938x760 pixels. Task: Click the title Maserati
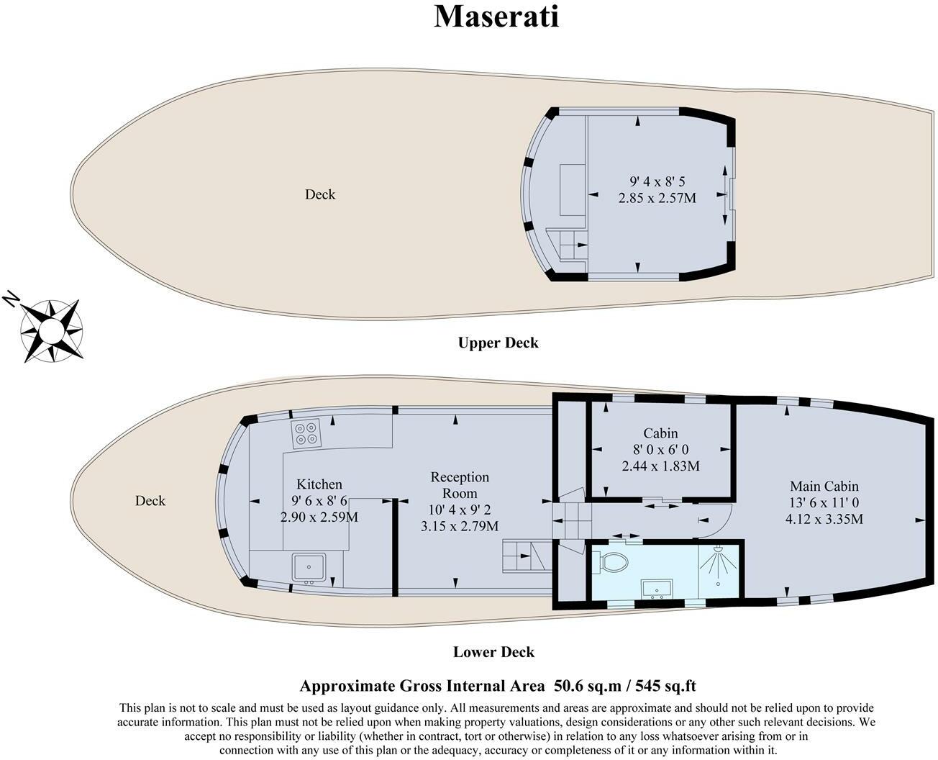pyautogui.click(x=496, y=16)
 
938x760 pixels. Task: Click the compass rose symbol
pyautogui.click(x=51, y=330)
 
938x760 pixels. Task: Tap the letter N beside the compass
pyautogui.click(x=11, y=299)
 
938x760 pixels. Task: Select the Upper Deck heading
pyautogui.click(x=498, y=343)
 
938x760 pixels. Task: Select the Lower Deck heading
pyautogui.click(x=493, y=652)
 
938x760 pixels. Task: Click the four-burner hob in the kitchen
pyautogui.click(x=306, y=434)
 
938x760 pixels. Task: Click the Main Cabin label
pyautogui.click(x=824, y=487)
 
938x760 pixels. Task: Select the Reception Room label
pyautogui.click(x=460, y=485)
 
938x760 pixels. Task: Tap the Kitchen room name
pyautogui.click(x=319, y=484)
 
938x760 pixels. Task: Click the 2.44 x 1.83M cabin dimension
pyautogui.click(x=660, y=466)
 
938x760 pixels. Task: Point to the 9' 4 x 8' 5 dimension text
pyautogui.click(x=657, y=181)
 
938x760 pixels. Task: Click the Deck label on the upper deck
pyautogui.click(x=320, y=194)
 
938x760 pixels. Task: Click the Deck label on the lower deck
pyautogui.click(x=150, y=501)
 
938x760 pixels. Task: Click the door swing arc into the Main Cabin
pyautogui.click(x=721, y=517)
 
